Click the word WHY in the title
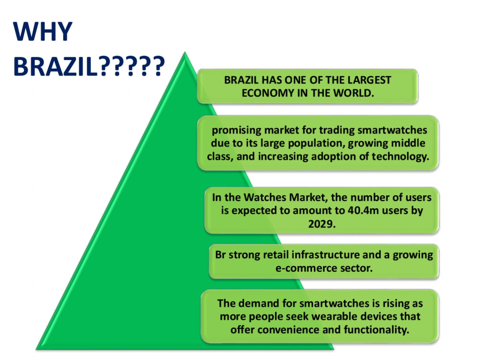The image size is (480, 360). tap(43, 31)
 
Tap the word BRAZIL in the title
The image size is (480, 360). tap(55, 66)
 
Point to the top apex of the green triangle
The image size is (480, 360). tap(185, 52)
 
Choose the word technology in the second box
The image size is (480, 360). tap(400, 157)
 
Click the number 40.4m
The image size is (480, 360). tap(363, 211)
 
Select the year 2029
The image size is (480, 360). tap(322, 224)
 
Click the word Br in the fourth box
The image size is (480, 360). tap(220, 255)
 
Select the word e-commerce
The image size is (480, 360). tap(302, 268)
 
